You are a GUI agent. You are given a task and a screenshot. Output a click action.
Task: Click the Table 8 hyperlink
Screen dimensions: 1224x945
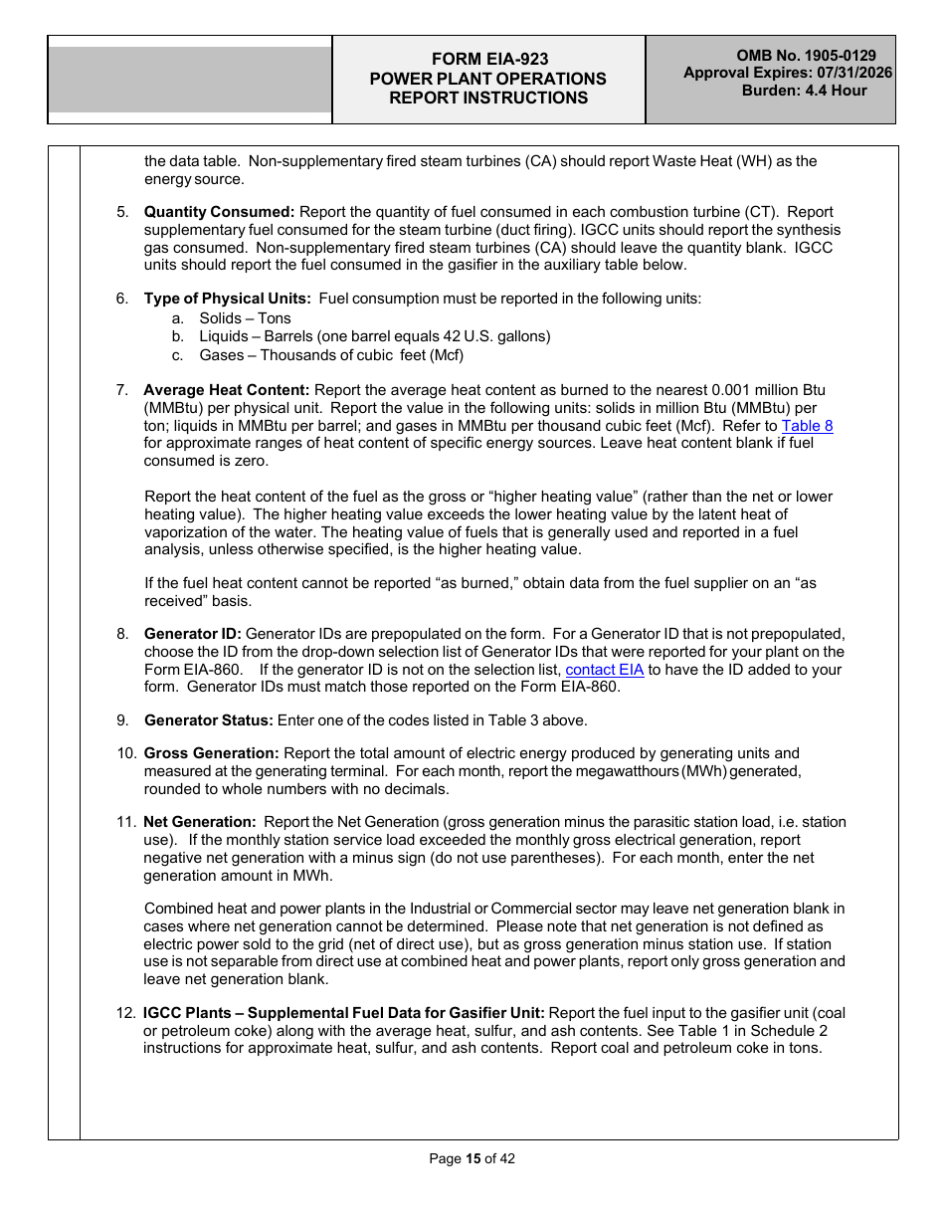click(x=807, y=426)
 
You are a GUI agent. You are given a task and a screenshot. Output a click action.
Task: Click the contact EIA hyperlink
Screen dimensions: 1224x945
click(x=604, y=670)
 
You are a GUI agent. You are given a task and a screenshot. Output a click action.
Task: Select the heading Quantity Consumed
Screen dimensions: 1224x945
click(x=219, y=212)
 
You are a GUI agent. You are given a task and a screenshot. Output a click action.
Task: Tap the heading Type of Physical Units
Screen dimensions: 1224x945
click(x=227, y=299)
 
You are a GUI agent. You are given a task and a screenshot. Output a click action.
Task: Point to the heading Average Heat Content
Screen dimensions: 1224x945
click(x=226, y=390)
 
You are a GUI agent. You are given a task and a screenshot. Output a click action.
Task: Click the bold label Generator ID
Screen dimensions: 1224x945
click(x=192, y=634)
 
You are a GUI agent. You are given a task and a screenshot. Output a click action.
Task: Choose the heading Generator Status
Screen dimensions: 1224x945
click(x=208, y=720)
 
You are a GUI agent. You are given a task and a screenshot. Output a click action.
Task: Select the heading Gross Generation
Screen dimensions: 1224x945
click(x=211, y=753)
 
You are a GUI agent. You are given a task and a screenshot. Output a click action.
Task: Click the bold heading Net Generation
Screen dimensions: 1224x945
click(x=200, y=822)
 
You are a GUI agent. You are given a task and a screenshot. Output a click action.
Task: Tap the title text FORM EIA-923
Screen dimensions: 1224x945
click(x=488, y=60)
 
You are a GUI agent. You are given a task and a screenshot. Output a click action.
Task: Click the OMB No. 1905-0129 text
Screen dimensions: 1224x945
click(x=806, y=56)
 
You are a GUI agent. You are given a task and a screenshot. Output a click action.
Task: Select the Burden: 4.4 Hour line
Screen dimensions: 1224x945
click(x=804, y=91)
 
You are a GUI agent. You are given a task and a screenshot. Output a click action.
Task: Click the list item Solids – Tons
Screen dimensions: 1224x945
click(x=245, y=318)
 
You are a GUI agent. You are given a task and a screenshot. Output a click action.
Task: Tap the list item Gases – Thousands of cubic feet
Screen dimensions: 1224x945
click(x=331, y=355)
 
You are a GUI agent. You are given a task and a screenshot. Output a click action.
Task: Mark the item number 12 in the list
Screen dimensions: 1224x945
click(x=125, y=1013)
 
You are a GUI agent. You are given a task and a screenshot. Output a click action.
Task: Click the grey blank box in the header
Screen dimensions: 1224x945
click(x=190, y=80)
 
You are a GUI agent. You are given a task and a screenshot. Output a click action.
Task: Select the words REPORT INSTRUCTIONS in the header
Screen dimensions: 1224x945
click(x=488, y=98)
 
